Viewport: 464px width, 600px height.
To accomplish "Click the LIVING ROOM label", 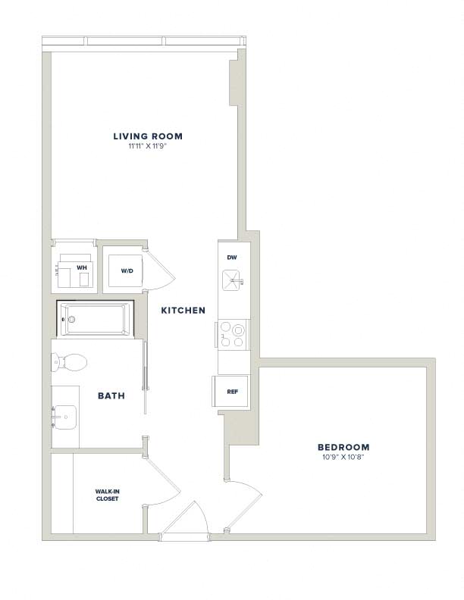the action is click(148, 136).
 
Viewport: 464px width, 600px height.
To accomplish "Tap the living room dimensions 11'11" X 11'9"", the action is click(148, 145).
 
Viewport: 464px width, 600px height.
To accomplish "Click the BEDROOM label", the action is click(343, 447).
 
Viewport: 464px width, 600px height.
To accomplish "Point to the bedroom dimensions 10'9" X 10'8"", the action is click(343, 457).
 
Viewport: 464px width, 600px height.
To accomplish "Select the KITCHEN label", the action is click(183, 311).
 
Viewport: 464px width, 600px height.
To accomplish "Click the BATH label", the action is click(111, 395).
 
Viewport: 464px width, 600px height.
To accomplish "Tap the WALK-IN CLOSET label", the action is click(107, 495).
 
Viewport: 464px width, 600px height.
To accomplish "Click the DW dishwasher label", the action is click(232, 258).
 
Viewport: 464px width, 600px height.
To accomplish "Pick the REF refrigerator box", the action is click(230, 391).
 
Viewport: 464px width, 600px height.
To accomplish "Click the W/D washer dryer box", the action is click(126, 270).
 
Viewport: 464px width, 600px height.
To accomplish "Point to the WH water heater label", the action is click(82, 268).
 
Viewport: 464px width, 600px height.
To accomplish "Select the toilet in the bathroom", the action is click(69, 361).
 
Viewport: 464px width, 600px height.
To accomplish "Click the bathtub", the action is click(96, 319).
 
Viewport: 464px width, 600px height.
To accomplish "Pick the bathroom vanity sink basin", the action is click(64, 417).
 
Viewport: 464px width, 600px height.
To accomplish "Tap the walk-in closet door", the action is click(162, 473).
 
